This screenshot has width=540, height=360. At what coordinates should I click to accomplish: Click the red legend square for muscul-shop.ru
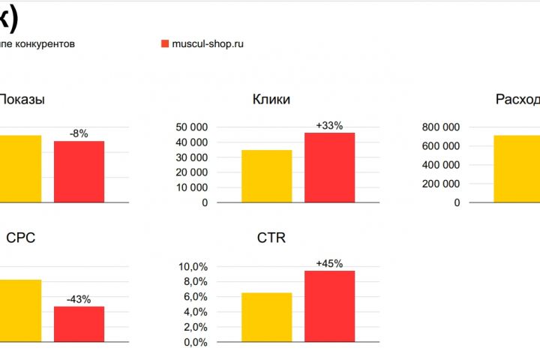165,44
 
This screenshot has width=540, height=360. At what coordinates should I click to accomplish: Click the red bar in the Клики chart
329,167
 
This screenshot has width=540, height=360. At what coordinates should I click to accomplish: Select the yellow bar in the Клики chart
267,176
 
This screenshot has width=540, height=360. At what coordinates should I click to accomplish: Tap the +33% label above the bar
329,126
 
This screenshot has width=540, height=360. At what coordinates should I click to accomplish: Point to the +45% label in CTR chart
329,264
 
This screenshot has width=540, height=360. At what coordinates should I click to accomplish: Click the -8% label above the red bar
79,133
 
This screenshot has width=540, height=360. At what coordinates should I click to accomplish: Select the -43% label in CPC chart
79,299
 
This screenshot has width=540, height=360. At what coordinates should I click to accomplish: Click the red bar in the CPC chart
79,324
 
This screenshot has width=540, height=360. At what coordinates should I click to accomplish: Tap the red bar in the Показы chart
79,171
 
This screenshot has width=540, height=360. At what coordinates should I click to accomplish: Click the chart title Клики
271,100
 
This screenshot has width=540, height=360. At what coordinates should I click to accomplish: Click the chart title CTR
271,238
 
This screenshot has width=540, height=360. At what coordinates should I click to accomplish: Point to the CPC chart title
21,238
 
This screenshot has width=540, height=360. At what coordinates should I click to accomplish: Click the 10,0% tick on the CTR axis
193,267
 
